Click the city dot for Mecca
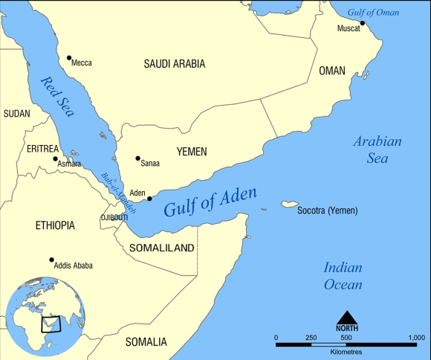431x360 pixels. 69,58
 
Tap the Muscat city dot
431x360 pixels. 363,23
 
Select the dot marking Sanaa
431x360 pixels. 137,158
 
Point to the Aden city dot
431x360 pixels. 149,199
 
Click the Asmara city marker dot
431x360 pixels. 55,158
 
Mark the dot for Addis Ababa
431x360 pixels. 51,260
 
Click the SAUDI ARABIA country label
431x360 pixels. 174,65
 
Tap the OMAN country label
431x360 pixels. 332,71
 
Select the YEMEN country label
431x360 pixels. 191,152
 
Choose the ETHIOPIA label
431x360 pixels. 54,225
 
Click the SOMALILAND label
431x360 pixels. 162,248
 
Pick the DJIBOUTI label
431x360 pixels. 114,217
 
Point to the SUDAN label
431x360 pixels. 16,114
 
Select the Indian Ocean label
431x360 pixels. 343,276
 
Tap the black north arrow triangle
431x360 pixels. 346,318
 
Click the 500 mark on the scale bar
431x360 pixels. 346,338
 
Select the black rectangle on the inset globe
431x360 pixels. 51,324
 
